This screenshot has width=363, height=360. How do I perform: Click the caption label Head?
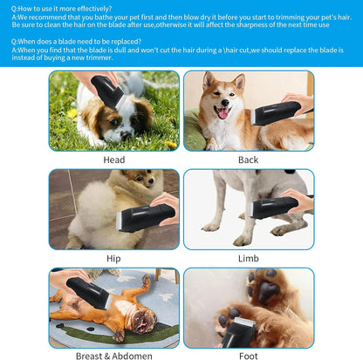tap(113, 160)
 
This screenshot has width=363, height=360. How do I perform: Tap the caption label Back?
tap(248, 160)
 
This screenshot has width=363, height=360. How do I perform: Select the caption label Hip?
tap(113, 258)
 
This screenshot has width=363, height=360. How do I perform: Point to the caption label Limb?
tap(248, 258)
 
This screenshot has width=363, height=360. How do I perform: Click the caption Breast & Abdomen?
tap(113, 356)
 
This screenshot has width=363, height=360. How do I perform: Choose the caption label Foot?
tap(248, 356)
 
